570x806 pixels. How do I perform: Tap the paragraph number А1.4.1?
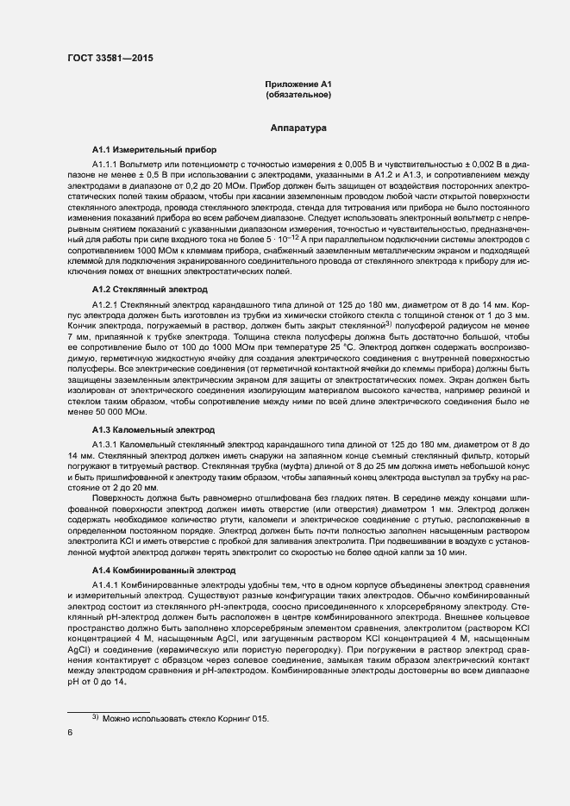point(108,586)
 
